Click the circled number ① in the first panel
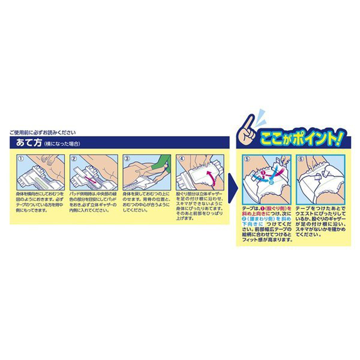point(21,158)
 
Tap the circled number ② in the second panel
point(74,158)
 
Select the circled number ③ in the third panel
point(126,158)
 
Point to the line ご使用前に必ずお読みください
point(43,132)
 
